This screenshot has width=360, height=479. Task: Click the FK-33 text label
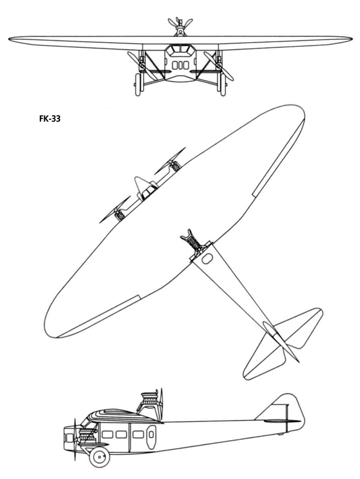[50, 118]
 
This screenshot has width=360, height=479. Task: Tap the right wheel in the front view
[222, 85]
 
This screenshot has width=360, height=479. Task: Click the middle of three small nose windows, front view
[180, 65]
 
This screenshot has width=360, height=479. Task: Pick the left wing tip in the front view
[10, 39]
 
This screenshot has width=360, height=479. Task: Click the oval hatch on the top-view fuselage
[207, 259]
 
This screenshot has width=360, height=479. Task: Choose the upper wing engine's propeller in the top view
[170, 161]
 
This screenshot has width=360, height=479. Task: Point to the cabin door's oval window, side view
[151, 435]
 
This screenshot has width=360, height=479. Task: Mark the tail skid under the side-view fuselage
[280, 434]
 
